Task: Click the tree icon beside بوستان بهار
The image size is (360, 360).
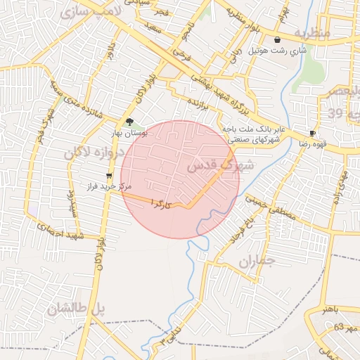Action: point(129,121)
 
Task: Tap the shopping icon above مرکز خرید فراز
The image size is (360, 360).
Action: point(108,176)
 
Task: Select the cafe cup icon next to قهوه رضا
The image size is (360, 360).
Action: point(312,133)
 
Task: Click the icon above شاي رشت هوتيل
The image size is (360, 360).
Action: point(278,40)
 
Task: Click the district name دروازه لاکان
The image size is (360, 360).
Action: point(94,153)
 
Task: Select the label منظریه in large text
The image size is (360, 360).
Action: point(311,32)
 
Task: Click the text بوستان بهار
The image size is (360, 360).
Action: point(129,132)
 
